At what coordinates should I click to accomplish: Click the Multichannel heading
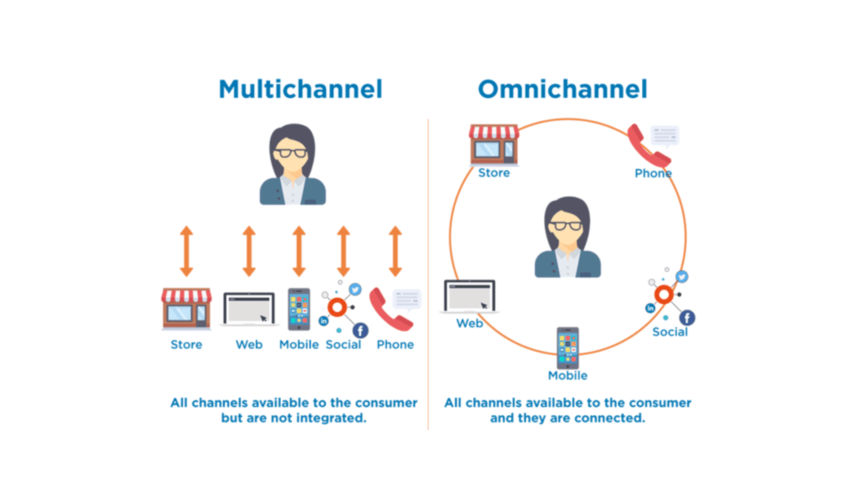[300, 89]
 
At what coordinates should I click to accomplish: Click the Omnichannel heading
[563, 89]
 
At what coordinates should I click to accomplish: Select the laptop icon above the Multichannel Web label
[249, 309]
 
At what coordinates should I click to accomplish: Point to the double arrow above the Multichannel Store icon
[186, 250]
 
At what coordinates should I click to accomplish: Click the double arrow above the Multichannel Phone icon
[395, 250]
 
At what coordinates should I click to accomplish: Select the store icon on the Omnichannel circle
[494, 144]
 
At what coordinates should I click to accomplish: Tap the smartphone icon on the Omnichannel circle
[568, 346]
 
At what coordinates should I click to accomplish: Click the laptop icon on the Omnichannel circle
[469, 296]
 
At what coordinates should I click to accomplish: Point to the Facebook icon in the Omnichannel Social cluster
[687, 317]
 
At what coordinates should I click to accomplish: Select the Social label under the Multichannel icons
[344, 344]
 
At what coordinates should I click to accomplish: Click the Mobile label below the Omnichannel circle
[568, 375]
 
